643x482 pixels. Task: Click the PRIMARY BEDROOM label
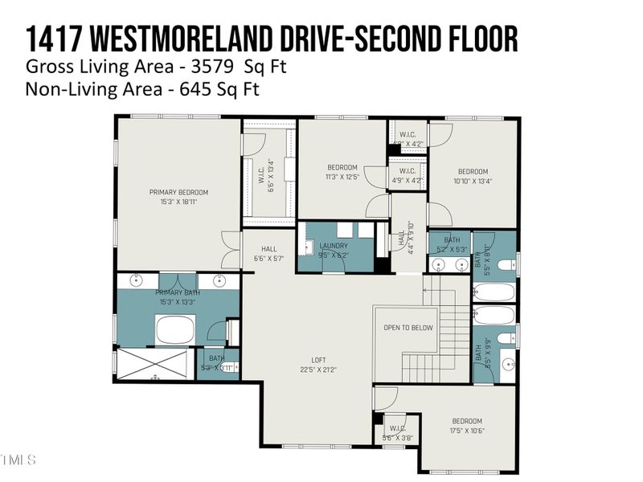pos(178,192)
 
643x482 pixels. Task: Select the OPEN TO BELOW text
pos(408,328)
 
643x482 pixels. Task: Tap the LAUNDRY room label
pos(334,246)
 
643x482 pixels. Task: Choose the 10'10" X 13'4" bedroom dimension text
pos(473,181)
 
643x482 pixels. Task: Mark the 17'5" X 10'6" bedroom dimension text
pos(467,431)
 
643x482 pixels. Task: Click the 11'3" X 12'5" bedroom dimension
pos(342,177)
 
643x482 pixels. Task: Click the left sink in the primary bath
pos(137,281)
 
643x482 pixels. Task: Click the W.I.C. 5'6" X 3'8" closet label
pos(396,432)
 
